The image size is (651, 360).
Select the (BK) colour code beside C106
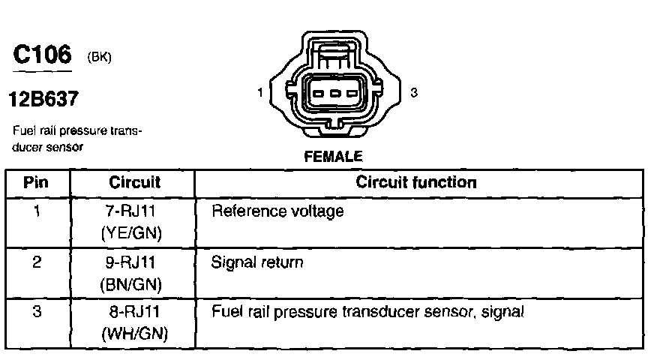click(100, 57)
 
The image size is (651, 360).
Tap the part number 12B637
click(43, 98)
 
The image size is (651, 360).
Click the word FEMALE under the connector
click(333, 157)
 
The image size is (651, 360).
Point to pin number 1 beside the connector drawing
click(259, 93)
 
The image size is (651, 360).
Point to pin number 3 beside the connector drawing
click(414, 93)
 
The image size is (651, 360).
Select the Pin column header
click(36, 182)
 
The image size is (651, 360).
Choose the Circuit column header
click(135, 182)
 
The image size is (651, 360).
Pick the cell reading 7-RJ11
click(132, 211)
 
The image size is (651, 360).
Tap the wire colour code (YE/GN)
click(132, 234)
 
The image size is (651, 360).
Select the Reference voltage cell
click(277, 211)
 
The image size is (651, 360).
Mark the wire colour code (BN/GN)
click(132, 286)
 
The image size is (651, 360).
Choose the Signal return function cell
click(257, 263)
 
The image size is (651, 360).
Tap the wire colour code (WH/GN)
click(133, 333)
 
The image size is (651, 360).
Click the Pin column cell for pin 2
click(37, 263)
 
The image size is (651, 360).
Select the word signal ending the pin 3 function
click(502, 311)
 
